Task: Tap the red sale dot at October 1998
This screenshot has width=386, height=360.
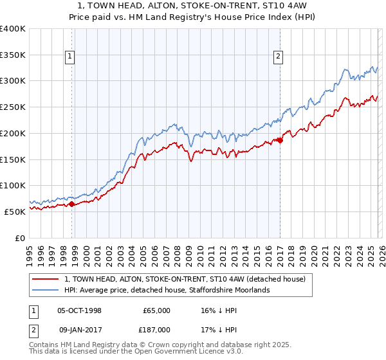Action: tap(72, 204)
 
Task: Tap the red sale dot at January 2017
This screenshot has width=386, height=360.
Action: tap(280, 140)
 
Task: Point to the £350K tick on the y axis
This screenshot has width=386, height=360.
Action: tap(13, 55)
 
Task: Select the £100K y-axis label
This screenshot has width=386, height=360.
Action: tap(13, 185)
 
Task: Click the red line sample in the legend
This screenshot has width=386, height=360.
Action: tap(46, 279)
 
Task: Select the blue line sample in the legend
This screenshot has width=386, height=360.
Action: tap(46, 290)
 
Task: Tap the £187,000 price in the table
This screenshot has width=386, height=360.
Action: tap(156, 329)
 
